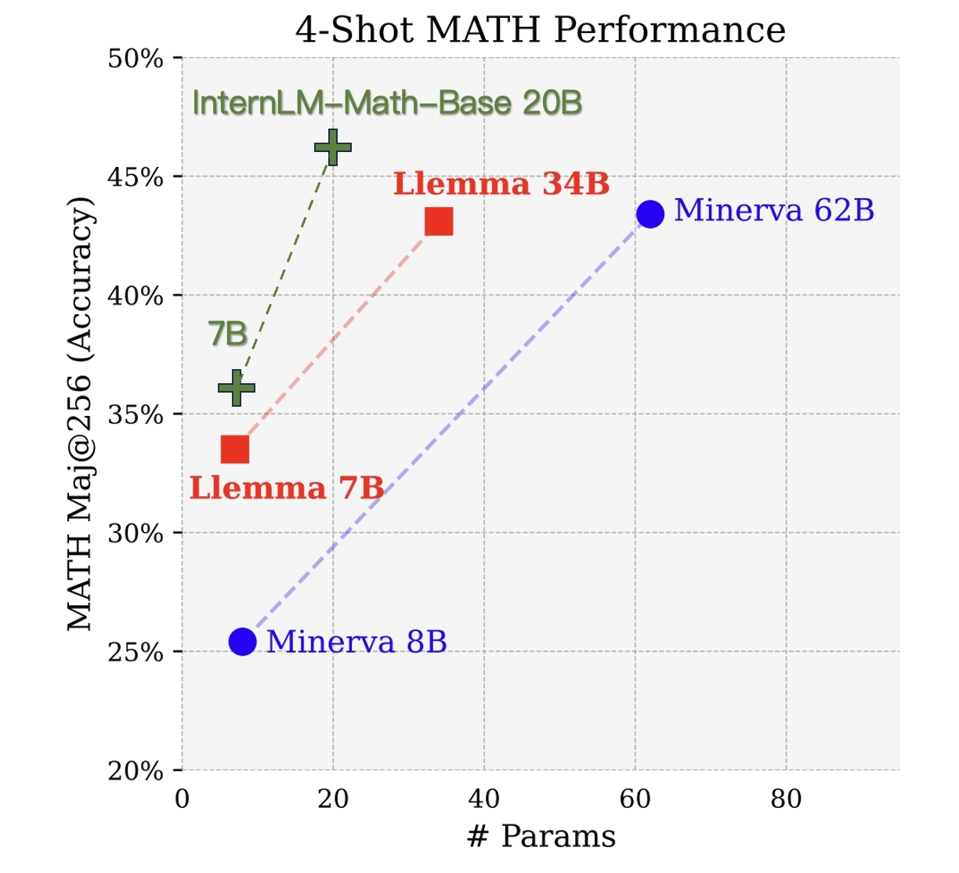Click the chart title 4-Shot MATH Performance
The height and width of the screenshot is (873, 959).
pos(540,30)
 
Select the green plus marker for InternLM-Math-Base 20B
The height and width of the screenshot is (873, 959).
pos(333,147)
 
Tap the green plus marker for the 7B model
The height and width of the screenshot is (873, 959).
pos(236,388)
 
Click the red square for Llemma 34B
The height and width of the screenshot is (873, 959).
pos(439,222)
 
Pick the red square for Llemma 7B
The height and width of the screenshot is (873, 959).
pos(235,450)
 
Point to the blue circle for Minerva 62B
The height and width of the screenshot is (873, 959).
pos(650,213)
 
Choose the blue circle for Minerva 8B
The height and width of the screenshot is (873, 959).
pos(243,642)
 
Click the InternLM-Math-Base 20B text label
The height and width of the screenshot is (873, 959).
pos(387,103)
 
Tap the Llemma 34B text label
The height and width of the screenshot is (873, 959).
pos(501,184)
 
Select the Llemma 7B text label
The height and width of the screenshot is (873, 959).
pos(287,488)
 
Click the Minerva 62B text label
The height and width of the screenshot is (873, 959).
pos(774,210)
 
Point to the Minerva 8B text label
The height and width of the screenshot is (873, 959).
pos(356,642)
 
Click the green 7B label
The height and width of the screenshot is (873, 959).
pos(228,335)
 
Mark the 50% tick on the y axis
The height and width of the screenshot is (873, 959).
pos(136,59)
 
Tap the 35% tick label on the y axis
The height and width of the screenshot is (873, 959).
pos(136,415)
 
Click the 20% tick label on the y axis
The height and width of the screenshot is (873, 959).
pos(136,771)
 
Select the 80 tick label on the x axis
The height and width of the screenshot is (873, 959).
pos(786,799)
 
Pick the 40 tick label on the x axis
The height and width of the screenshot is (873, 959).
pos(483,799)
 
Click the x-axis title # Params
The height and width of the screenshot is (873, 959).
pos(541,836)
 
